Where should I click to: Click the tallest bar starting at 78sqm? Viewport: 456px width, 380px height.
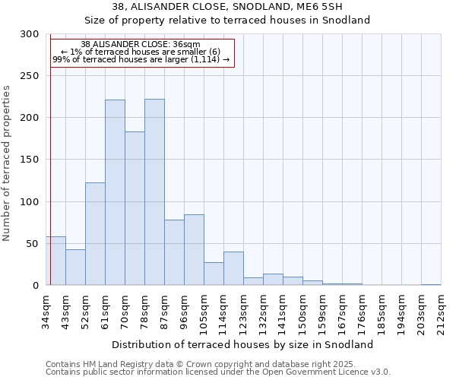click(154, 192)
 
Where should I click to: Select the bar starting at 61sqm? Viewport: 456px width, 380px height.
click(115, 192)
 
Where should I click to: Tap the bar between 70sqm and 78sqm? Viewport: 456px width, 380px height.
click(135, 208)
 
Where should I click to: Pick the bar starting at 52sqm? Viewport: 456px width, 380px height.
click(95, 234)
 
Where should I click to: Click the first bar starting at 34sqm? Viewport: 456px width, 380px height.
click(55, 261)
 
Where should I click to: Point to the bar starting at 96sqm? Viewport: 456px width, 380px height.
click(194, 250)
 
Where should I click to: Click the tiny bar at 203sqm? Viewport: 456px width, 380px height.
click(431, 284)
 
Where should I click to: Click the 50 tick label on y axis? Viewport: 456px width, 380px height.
click(33, 243)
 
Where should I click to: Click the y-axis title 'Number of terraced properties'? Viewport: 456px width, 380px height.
click(7, 163)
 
